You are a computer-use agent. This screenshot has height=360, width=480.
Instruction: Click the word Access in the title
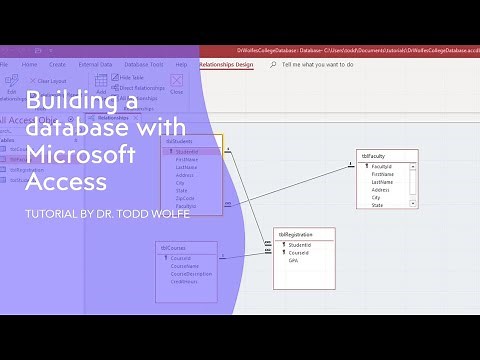(66, 182)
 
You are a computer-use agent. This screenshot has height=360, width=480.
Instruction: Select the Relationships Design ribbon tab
(226, 64)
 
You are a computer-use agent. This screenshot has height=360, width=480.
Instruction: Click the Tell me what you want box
(317, 64)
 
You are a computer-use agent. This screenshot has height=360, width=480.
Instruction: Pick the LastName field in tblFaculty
(382, 182)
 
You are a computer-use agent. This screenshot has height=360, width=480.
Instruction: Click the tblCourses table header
(173, 246)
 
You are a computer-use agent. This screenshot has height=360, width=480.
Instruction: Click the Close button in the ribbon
(177, 91)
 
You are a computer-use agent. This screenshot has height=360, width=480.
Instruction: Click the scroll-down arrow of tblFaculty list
(414, 205)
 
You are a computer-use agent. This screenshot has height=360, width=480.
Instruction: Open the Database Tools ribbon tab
(144, 64)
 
